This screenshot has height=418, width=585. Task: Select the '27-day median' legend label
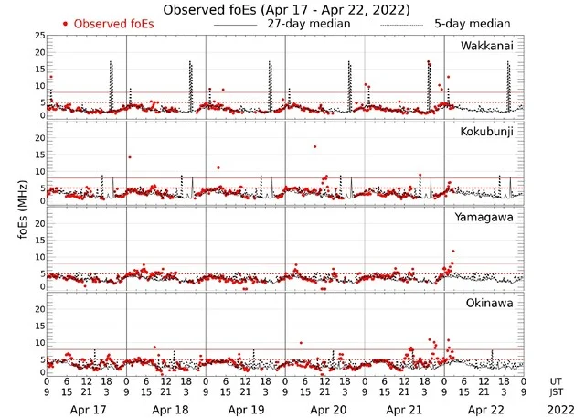[x=308, y=24]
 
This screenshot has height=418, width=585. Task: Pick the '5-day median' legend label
[x=472, y=24]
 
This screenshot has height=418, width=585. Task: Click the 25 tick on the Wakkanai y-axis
[x=39, y=35]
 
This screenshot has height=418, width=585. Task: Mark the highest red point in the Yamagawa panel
[x=452, y=251]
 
